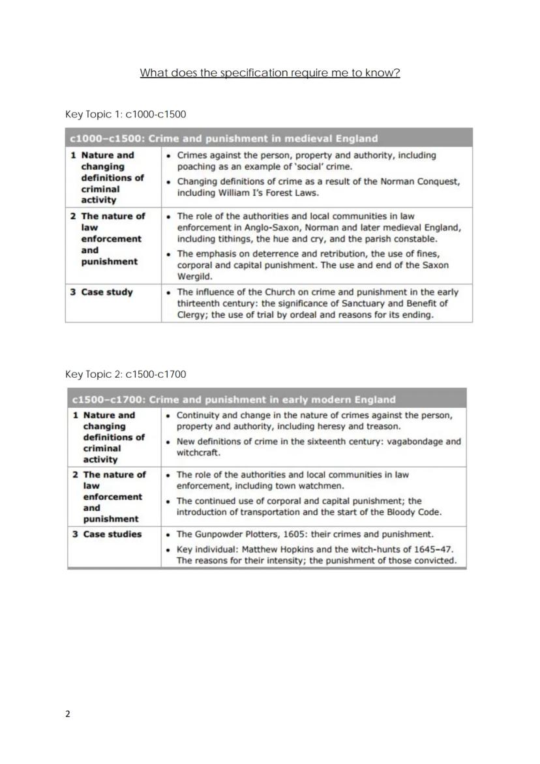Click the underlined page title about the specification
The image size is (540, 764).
tap(269, 73)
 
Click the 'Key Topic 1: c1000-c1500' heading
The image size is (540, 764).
tap(125, 114)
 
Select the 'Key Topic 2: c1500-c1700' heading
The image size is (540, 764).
tap(125, 374)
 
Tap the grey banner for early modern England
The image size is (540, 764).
tap(267, 399)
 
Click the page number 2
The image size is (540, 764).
tap(68, 714)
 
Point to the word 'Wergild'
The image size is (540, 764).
tap(195, 277)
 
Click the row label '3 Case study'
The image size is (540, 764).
tap(102, 292)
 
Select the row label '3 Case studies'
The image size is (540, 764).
tap(107, 534)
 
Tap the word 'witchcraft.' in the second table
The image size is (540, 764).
tap(199, 452)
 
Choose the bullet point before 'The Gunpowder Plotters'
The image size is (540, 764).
tap(169, 534)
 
